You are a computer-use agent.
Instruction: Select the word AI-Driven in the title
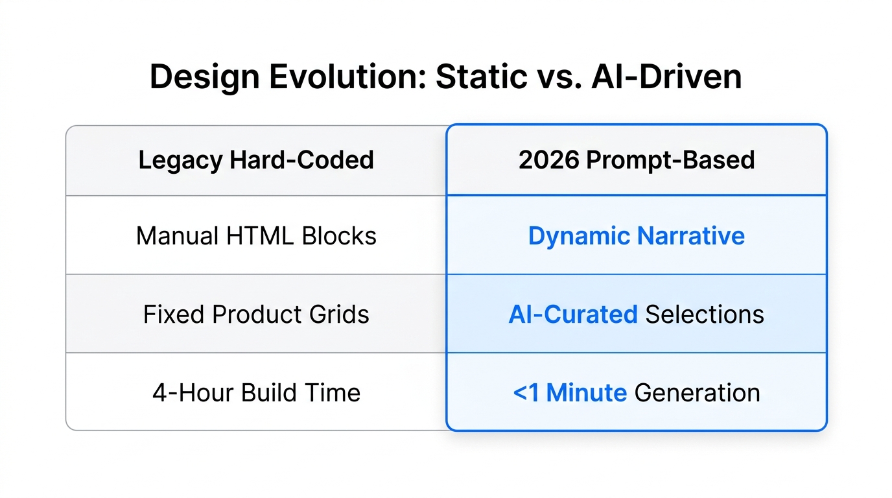pyautogui.click(x=667, y=77)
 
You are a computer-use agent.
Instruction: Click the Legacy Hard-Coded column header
pyautogui.click(x=256, y=160)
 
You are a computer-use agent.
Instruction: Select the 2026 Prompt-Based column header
pyautogui.click(x=637, y=160)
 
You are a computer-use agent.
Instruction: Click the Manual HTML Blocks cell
pyautogui.click(x=256, y=235)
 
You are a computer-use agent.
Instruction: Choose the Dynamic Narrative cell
pyautogui.click(x=637, y=235)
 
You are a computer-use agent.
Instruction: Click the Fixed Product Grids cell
pyautogui.click(x=256, y=314)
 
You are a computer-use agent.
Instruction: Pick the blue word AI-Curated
pyautogui.click(x=573, y=314)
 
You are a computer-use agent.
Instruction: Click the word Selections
pyautogui.click(x=705, y=314)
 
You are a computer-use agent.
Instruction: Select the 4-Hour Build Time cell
pyautogui.click(x=256, y=393)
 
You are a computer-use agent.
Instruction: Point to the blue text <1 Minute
pyautogui.click(x=569, y=393)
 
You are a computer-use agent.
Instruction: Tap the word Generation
pyautogui.click(x=697, y=393)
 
